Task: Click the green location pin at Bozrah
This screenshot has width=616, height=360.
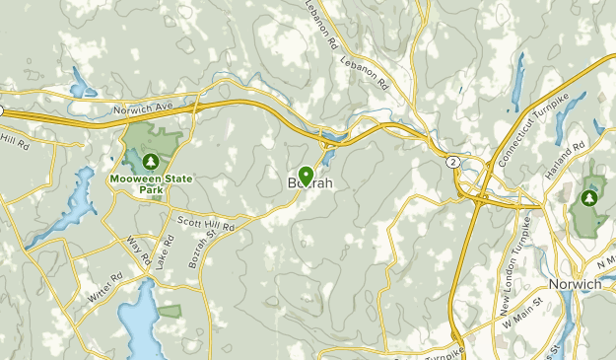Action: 306,176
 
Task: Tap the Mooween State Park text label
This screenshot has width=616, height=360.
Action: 150,183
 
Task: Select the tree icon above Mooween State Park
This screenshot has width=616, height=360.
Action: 150,161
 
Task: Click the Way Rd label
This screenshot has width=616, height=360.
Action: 138,252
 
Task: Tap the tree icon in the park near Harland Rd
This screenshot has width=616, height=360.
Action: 590,198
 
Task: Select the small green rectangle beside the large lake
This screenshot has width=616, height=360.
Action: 170,311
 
